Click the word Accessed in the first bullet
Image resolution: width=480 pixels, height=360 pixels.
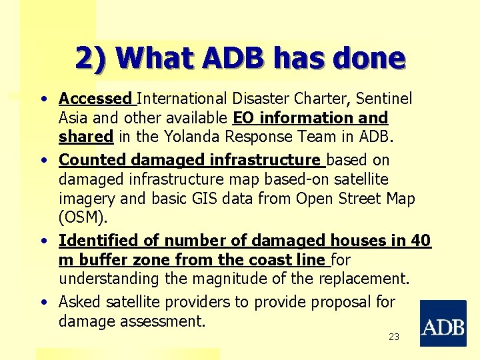(95, 99)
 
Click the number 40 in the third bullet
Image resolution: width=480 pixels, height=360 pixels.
(421, 241)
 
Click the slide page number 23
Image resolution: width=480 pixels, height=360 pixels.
(394, 337)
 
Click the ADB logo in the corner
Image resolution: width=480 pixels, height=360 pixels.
(443, 323)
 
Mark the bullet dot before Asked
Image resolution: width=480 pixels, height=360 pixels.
(43, 303)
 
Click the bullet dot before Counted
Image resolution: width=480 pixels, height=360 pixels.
(43, 161)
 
